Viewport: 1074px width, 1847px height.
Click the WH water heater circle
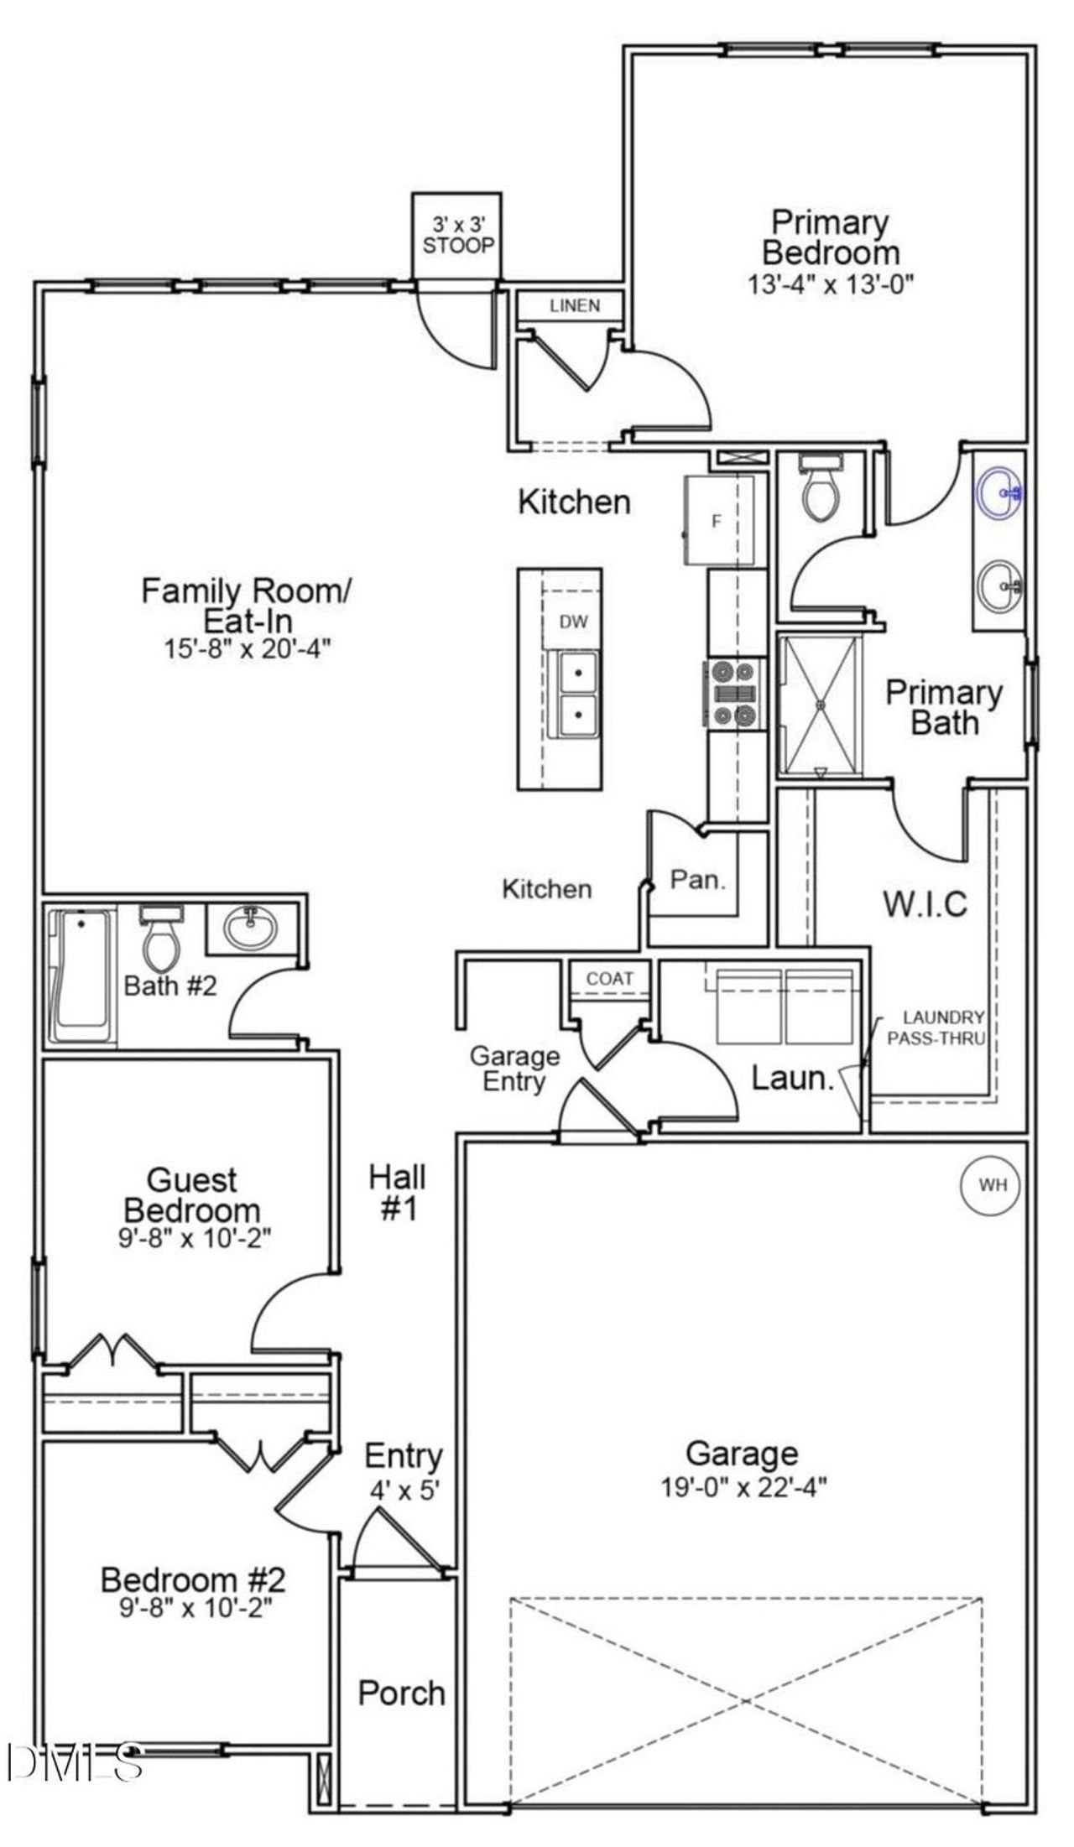991,1185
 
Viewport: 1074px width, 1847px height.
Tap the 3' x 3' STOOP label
458,236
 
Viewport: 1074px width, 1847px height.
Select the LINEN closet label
575,305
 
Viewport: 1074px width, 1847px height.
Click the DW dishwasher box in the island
573,622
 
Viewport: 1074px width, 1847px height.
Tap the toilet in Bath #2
162,939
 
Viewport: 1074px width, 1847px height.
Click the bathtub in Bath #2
81,974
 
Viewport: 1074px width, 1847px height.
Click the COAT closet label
609,979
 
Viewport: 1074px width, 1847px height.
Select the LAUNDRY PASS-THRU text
936,1028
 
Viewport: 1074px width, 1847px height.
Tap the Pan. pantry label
698,880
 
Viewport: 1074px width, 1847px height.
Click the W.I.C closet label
925,904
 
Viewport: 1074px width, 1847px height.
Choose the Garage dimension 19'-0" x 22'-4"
743,1487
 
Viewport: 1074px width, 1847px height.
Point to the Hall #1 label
398,1193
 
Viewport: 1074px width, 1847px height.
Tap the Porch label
401,1693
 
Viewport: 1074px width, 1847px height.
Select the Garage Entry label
514,1068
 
